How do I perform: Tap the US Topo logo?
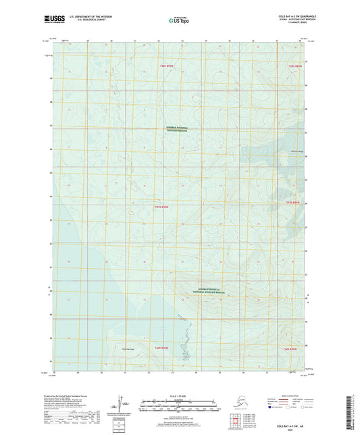[x=178, y=21]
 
